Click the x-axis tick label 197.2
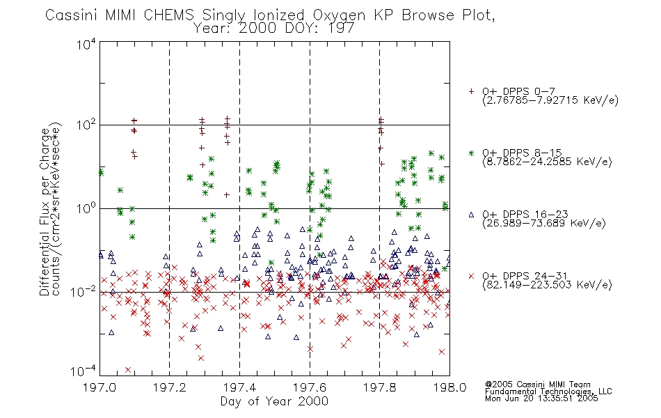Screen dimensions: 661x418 pyautogui.click(x=170, y=387)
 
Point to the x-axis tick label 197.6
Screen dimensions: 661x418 pyautogui.click(x=310, y=387)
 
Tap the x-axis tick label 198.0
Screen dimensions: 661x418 pyautogui.click(x=449, y=387)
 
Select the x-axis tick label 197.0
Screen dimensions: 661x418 pyautogui.click(x=99, y=387)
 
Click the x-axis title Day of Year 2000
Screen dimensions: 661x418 pyautogui.click(x=274, y=401)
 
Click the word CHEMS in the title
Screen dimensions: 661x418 pyautogui.click(x=168, y=15)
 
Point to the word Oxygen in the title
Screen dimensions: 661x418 pyautogui.click(x=339, y=15)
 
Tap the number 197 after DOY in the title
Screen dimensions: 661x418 pyautogui.click(x=341, y=29)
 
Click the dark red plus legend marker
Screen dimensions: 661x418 pyautogui.click(x=471, y=91)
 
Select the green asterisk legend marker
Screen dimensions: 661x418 pyautogui.click(x=471, y=153)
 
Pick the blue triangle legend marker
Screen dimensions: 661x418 pyautogui.click(x=471, y=215)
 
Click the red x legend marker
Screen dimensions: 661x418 pyautogui.click(x=471, y=276)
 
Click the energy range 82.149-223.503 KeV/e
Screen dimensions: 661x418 pyautogui.click(x=547, y=285)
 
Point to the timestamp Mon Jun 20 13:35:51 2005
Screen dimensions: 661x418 pyautogui.click(x=541, y=398)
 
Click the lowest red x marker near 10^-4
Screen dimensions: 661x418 pyautogui.click(x=128, y=370)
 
